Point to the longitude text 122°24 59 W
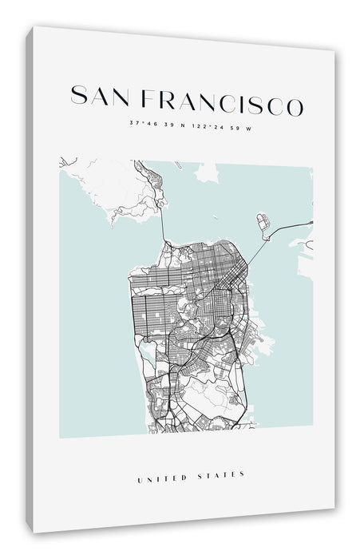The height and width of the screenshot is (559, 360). pyautogui.click(x=215, y=124)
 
